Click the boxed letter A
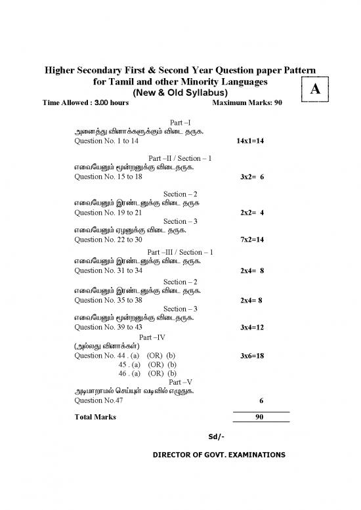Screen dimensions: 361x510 314,91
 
